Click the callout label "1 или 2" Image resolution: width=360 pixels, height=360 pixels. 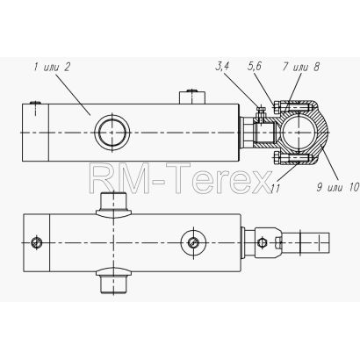pos(52,68)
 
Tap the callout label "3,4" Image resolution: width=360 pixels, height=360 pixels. pos(222,67)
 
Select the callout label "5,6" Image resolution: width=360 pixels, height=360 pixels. pos(254,67)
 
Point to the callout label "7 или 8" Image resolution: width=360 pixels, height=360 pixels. pos(300,67)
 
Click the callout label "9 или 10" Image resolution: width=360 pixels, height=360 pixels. pos(337,187)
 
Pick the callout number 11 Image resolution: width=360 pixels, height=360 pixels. pos(275,189)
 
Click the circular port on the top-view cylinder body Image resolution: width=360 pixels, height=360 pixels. pos(112,133)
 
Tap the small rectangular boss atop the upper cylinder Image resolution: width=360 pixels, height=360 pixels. pos(192,97)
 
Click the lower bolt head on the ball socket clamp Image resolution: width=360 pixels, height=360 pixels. pos(277,158)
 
